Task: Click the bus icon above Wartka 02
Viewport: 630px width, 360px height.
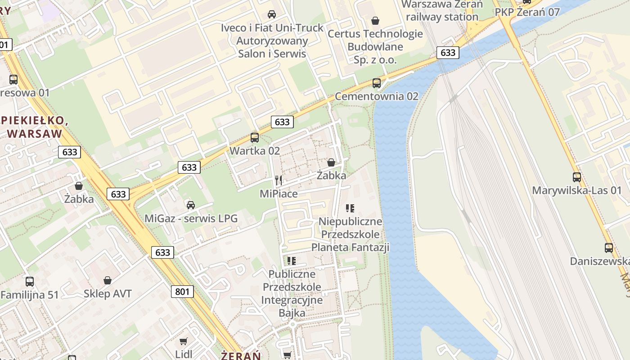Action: coord(255,138)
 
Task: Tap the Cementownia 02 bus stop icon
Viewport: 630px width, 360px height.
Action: coord(377,83)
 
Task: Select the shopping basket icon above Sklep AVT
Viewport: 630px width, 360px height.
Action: coord(108,280)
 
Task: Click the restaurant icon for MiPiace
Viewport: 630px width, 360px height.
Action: coord(279,180)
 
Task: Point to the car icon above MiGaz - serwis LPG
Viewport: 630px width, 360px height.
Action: coord(191,205)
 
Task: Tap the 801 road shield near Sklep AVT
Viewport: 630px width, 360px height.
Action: coord(182,292)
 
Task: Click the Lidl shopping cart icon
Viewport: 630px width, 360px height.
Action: coord(183,342)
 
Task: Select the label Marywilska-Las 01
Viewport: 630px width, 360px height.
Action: coord(576,190)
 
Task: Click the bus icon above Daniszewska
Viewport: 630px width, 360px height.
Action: coord(609,247)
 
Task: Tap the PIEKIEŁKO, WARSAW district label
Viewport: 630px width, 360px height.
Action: coord(35,127)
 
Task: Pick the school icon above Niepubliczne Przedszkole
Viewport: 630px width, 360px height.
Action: coord(350,208)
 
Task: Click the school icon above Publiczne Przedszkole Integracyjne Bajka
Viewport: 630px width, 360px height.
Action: coord(292,261)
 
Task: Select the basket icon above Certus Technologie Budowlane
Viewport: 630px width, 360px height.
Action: coord(375,21)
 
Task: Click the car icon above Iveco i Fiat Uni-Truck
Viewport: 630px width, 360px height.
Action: coord(272,14)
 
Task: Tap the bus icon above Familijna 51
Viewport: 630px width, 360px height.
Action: coord(30,282)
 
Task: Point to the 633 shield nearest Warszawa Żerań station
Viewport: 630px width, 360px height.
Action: coord(448,53)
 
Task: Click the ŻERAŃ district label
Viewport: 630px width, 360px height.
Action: coord(241,355)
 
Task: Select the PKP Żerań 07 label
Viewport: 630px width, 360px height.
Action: coord(527,12)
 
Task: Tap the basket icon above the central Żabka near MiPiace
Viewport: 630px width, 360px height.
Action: coord(331,162)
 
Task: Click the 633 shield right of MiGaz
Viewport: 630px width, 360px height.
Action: coord(162,252)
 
